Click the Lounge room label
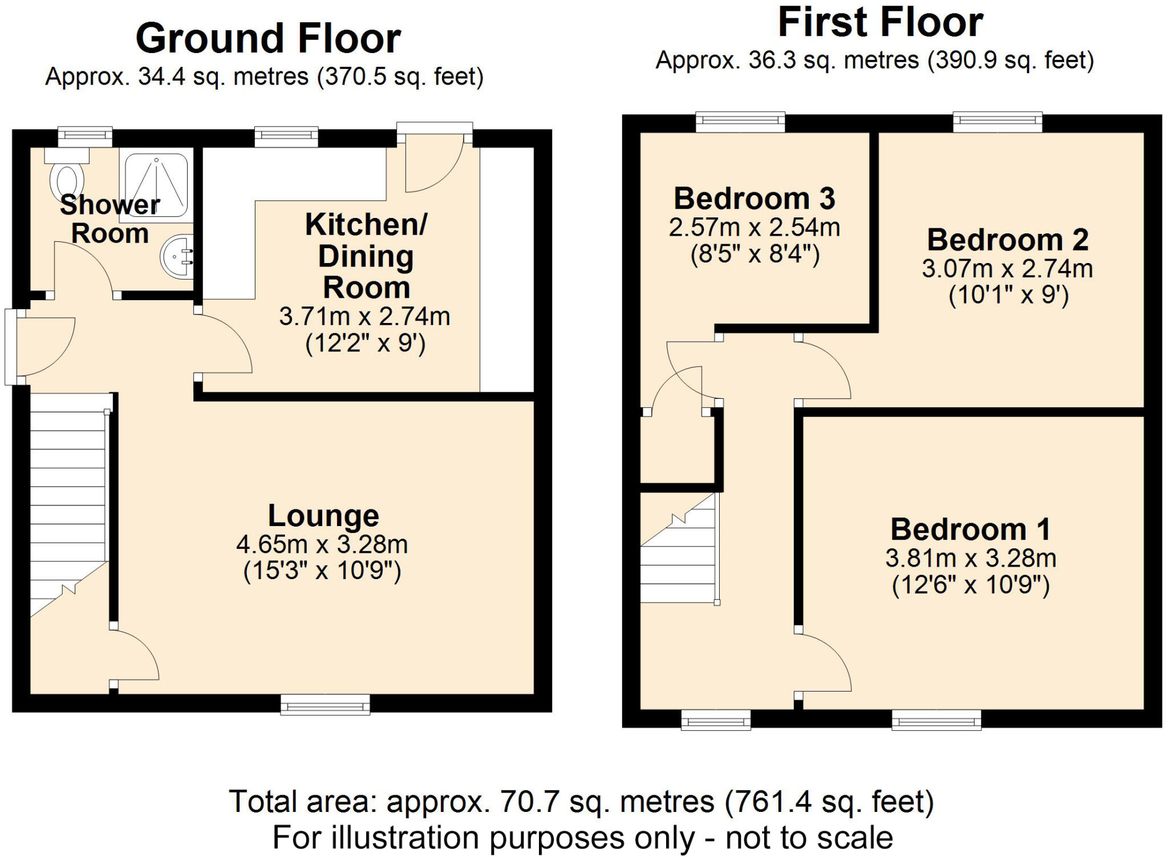point(323,516)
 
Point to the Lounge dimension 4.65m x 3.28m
point(322,544)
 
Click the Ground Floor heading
point(268,39)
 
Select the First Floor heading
point(881,23)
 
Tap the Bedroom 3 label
point(754,199)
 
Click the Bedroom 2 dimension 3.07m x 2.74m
point(1007,269)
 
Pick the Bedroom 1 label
point(971,529)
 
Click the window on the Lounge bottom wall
point(325,704)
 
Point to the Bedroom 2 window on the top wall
point(997,122)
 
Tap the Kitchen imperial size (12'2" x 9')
point(366,343)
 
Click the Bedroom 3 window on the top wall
point(740,122)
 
